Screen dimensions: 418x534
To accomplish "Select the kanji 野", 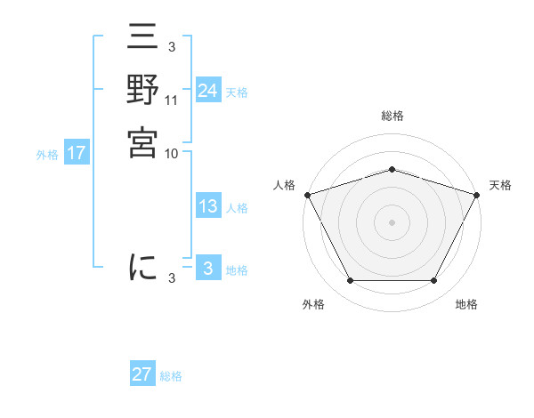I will [142, 92].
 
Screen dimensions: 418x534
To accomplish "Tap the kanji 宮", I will [142, 142].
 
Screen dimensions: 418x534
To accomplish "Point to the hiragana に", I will [142, 267].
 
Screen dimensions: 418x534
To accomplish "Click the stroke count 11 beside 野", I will [172, 100].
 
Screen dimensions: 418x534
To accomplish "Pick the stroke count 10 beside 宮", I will [172, 152].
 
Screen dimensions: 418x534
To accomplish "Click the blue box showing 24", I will [207, 90].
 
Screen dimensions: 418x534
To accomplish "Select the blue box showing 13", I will [207, 206].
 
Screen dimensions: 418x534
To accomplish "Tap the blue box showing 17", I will [77, 153].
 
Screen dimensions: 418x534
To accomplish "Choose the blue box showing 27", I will [142, 374].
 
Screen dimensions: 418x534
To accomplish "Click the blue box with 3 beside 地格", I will [207, 269].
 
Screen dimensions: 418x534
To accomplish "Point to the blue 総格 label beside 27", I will [171, 376].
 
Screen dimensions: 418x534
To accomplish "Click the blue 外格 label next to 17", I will [47, 155].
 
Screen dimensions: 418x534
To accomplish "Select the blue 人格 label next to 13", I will [237, 208].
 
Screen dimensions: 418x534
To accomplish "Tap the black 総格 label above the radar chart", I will [392, 117].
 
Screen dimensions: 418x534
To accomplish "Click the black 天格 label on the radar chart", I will [501, 185].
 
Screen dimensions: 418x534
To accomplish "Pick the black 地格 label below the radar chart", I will [466, 305].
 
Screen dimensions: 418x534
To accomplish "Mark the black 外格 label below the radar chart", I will [313, 305].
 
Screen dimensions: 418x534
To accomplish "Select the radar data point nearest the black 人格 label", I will [307, 195].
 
